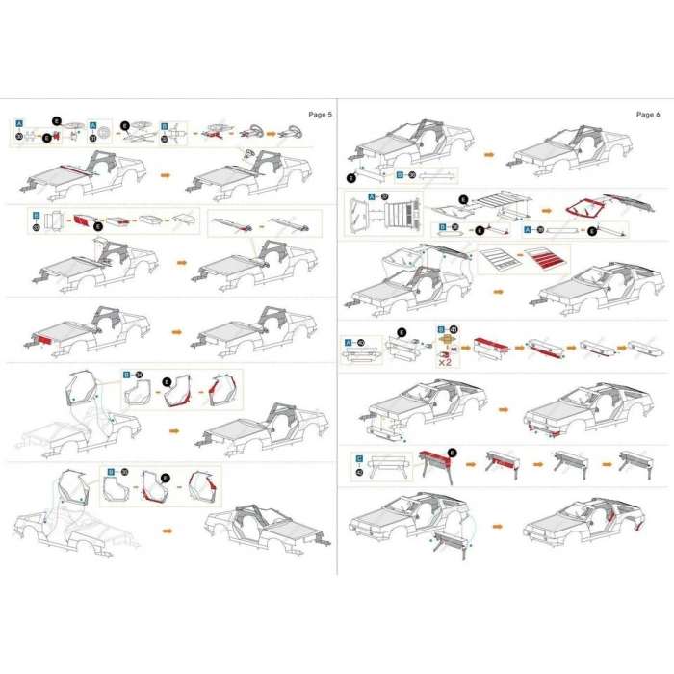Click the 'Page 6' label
[648, 115]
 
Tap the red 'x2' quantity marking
[446, 362]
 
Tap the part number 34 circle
[139, 374]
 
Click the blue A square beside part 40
[349, 343]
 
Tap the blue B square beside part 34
[126, 374]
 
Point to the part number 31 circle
[93, 138]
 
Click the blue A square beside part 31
[93, 125]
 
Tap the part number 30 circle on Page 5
[19, 138]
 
